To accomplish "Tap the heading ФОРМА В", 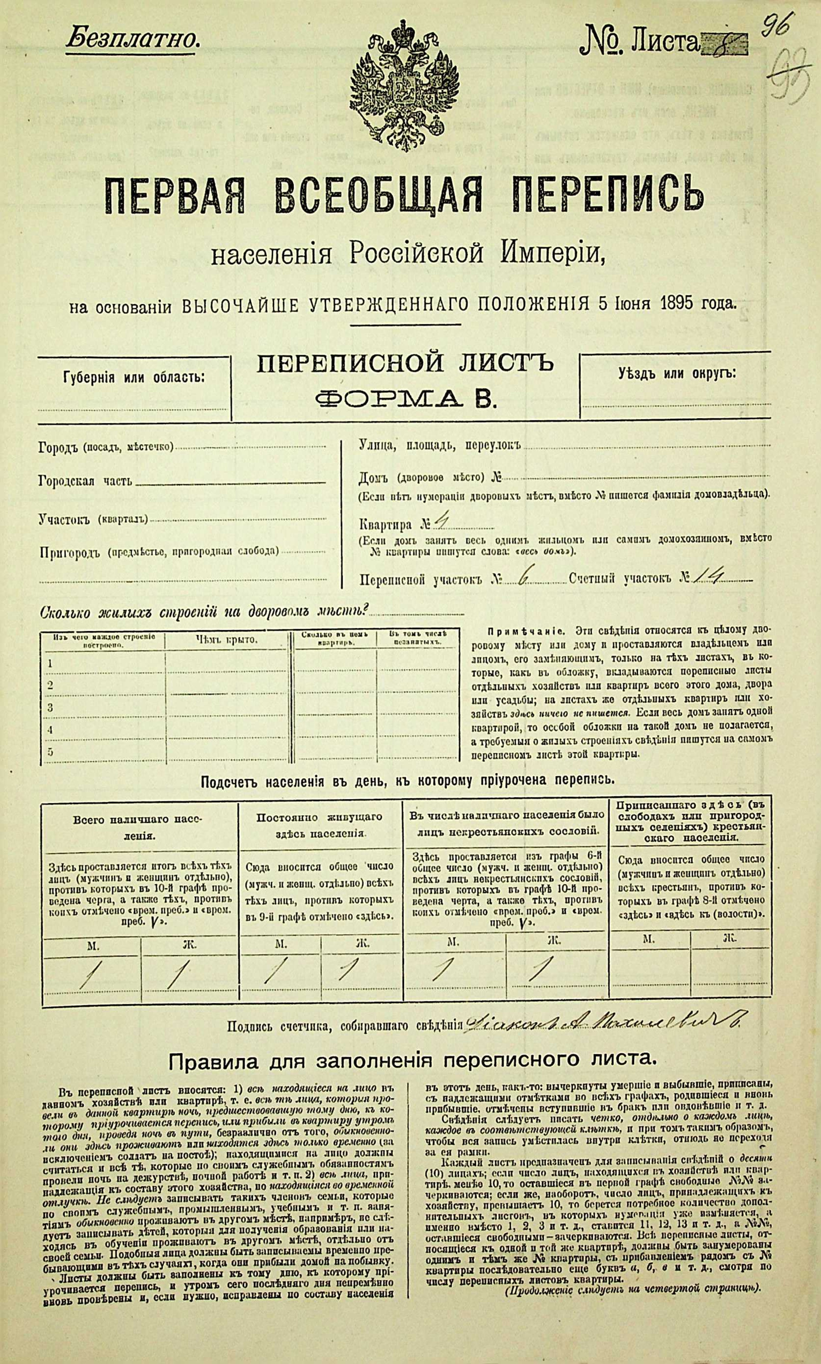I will (x=405, y=398).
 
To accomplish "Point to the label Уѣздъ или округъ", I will (x=677, y=373).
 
